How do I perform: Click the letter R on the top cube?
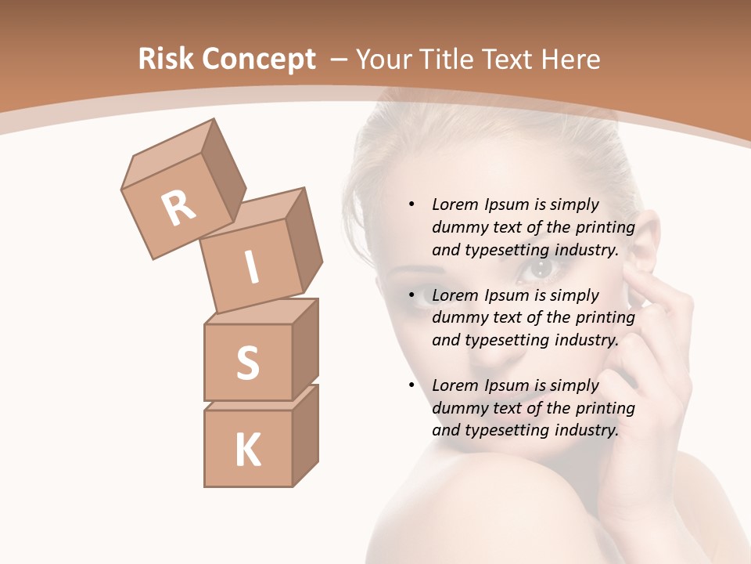tap(178, 208)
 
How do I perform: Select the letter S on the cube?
tap(247, 363)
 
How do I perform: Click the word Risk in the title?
tap(164, 60)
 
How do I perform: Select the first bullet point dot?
tap(411, 204)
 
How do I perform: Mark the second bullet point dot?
tap(411, 295)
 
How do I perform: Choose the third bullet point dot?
tap(411, 385)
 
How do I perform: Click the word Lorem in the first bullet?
tap(453, 204)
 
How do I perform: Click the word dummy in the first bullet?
tap(459, 227)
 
